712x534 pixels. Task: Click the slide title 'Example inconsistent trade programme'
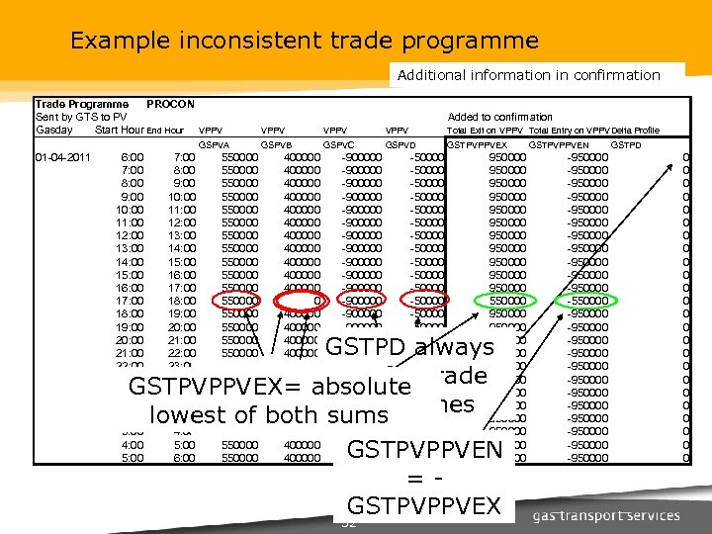tap(305, 42)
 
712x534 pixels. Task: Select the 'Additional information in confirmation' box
tap(529, 75)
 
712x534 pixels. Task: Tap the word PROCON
tap(170, 104)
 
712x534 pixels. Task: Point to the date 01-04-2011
tap(63, 157)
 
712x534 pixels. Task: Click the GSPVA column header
tap(215, 144)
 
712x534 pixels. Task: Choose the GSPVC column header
tap(338, 144)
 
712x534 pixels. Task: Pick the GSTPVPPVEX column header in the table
tap(476, 144)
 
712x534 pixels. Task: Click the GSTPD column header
tap(626, 144)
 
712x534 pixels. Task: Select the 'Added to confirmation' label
tap(500, 117)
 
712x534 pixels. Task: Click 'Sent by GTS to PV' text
tap(81, 117)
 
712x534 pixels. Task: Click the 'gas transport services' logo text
tap(606, 515)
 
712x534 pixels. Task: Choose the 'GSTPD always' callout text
tap(409, 347)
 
